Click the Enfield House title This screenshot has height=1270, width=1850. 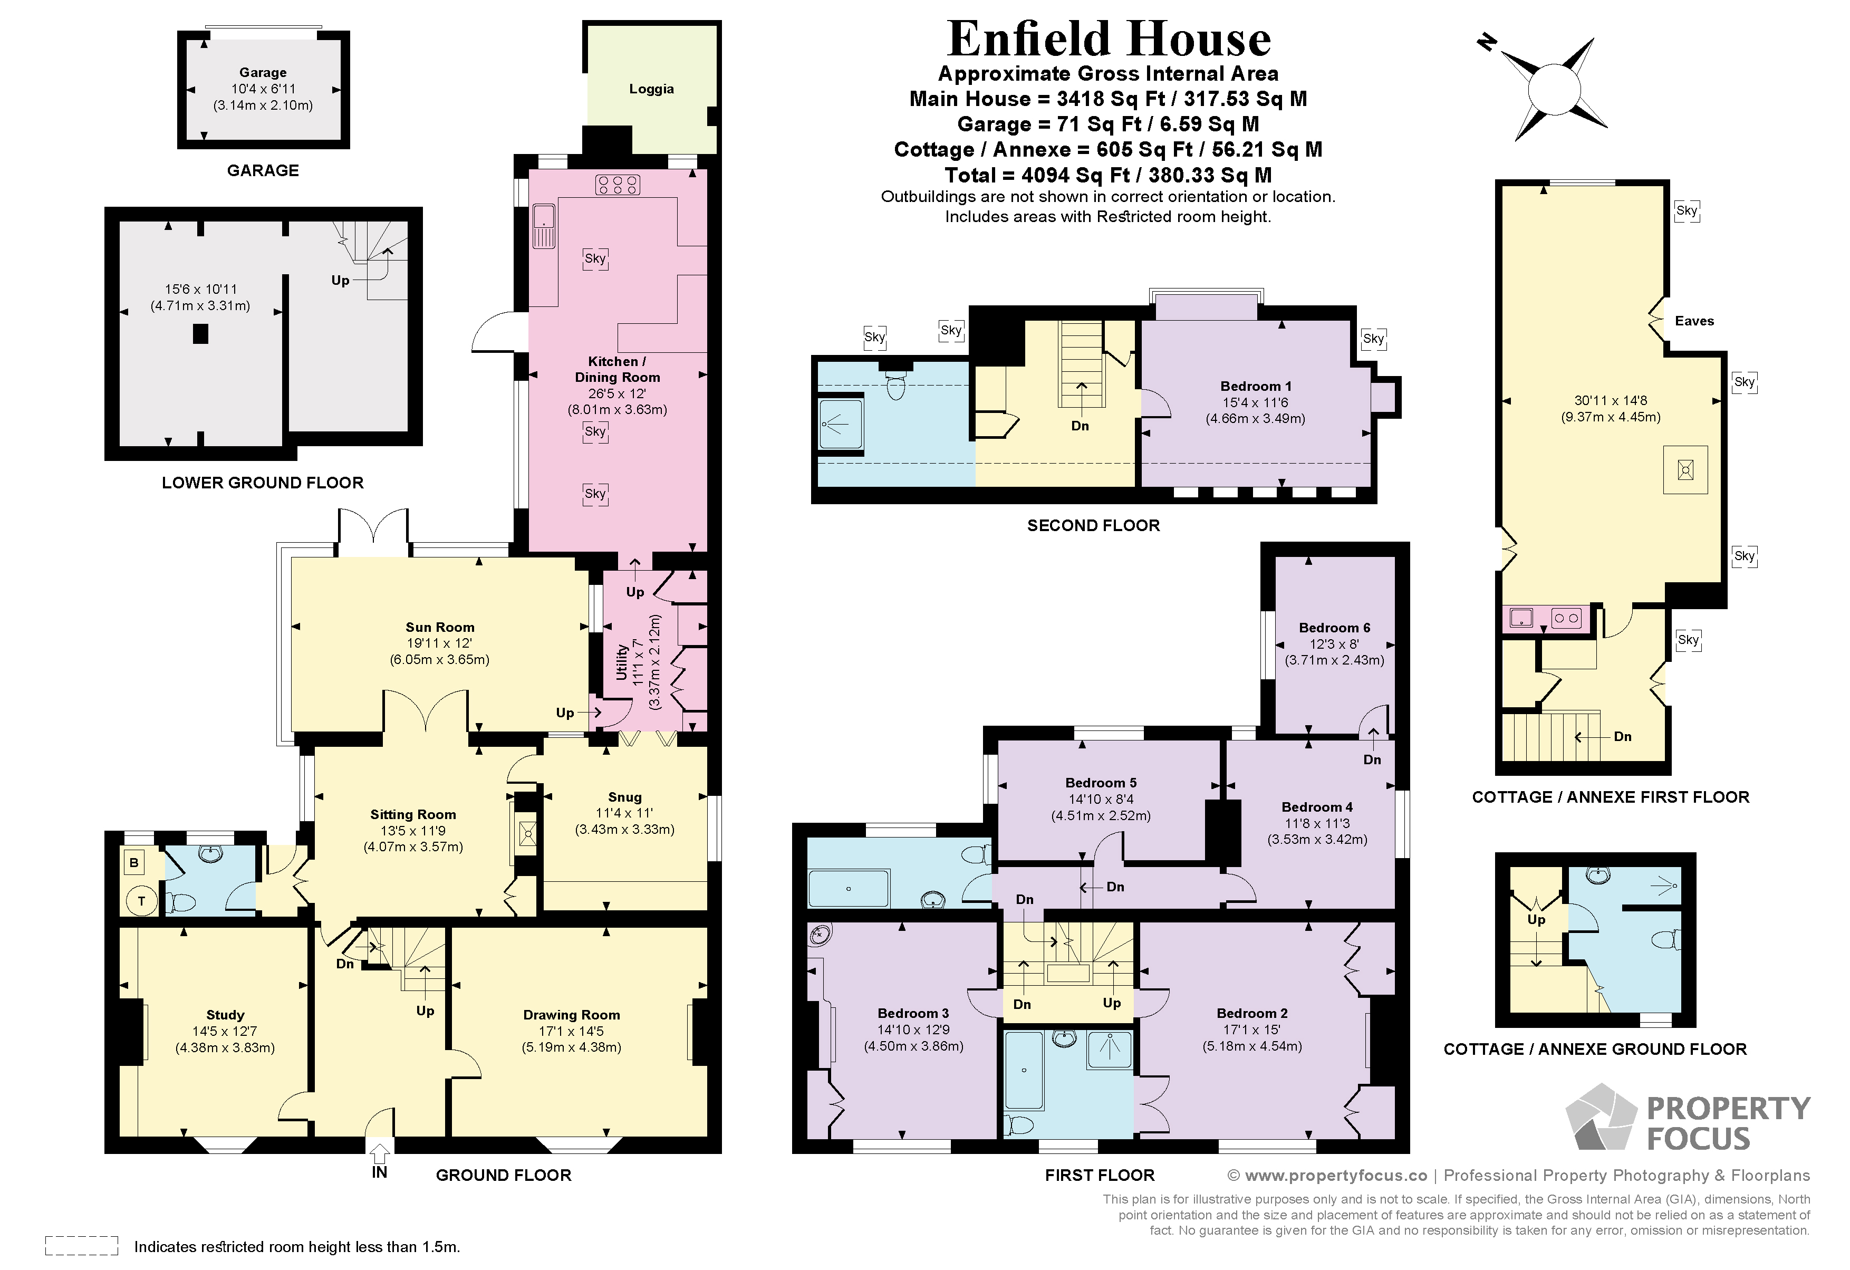click(x=1108, y=39)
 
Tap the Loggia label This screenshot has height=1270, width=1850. click(x=651, y=89)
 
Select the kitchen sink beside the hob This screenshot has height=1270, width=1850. click(x=544, y=226)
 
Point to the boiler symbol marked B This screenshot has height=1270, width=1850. click(x=134, y=862)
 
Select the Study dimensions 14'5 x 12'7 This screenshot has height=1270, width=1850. click(x=225, y=1031)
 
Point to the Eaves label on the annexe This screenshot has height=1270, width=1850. click(x=1694, y=321)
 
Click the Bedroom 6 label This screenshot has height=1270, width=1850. click(x=1334, y=628)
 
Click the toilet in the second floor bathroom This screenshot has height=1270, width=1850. click(x=897, y=387)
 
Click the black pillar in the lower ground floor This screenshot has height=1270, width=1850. click(x=200, y=334)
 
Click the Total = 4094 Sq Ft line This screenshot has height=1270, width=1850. click(x=1107, y=175)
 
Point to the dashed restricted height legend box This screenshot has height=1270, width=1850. click(x=81, y=1245)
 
